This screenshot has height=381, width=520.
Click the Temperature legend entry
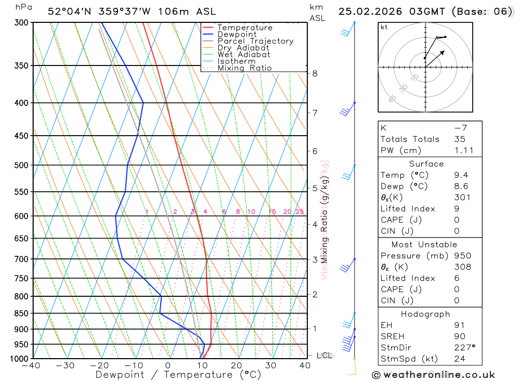(x=244, y=28)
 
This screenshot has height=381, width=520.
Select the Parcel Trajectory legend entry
(x=255, y=41)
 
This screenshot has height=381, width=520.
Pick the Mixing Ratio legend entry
(x=244, y=68)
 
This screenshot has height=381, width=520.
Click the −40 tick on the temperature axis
(x=31, y=365)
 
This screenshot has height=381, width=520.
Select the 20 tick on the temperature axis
(x=237, y=365)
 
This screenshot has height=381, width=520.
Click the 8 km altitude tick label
(x=315, y=73)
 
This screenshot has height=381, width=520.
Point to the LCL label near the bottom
(x=324, y=356)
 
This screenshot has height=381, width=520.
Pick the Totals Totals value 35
(x=460, y=139)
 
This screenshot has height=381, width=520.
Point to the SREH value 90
(x=460, y=336)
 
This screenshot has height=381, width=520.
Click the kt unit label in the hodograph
(x=384, y=27)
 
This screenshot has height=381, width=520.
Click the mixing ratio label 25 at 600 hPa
(x=300, y=212)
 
